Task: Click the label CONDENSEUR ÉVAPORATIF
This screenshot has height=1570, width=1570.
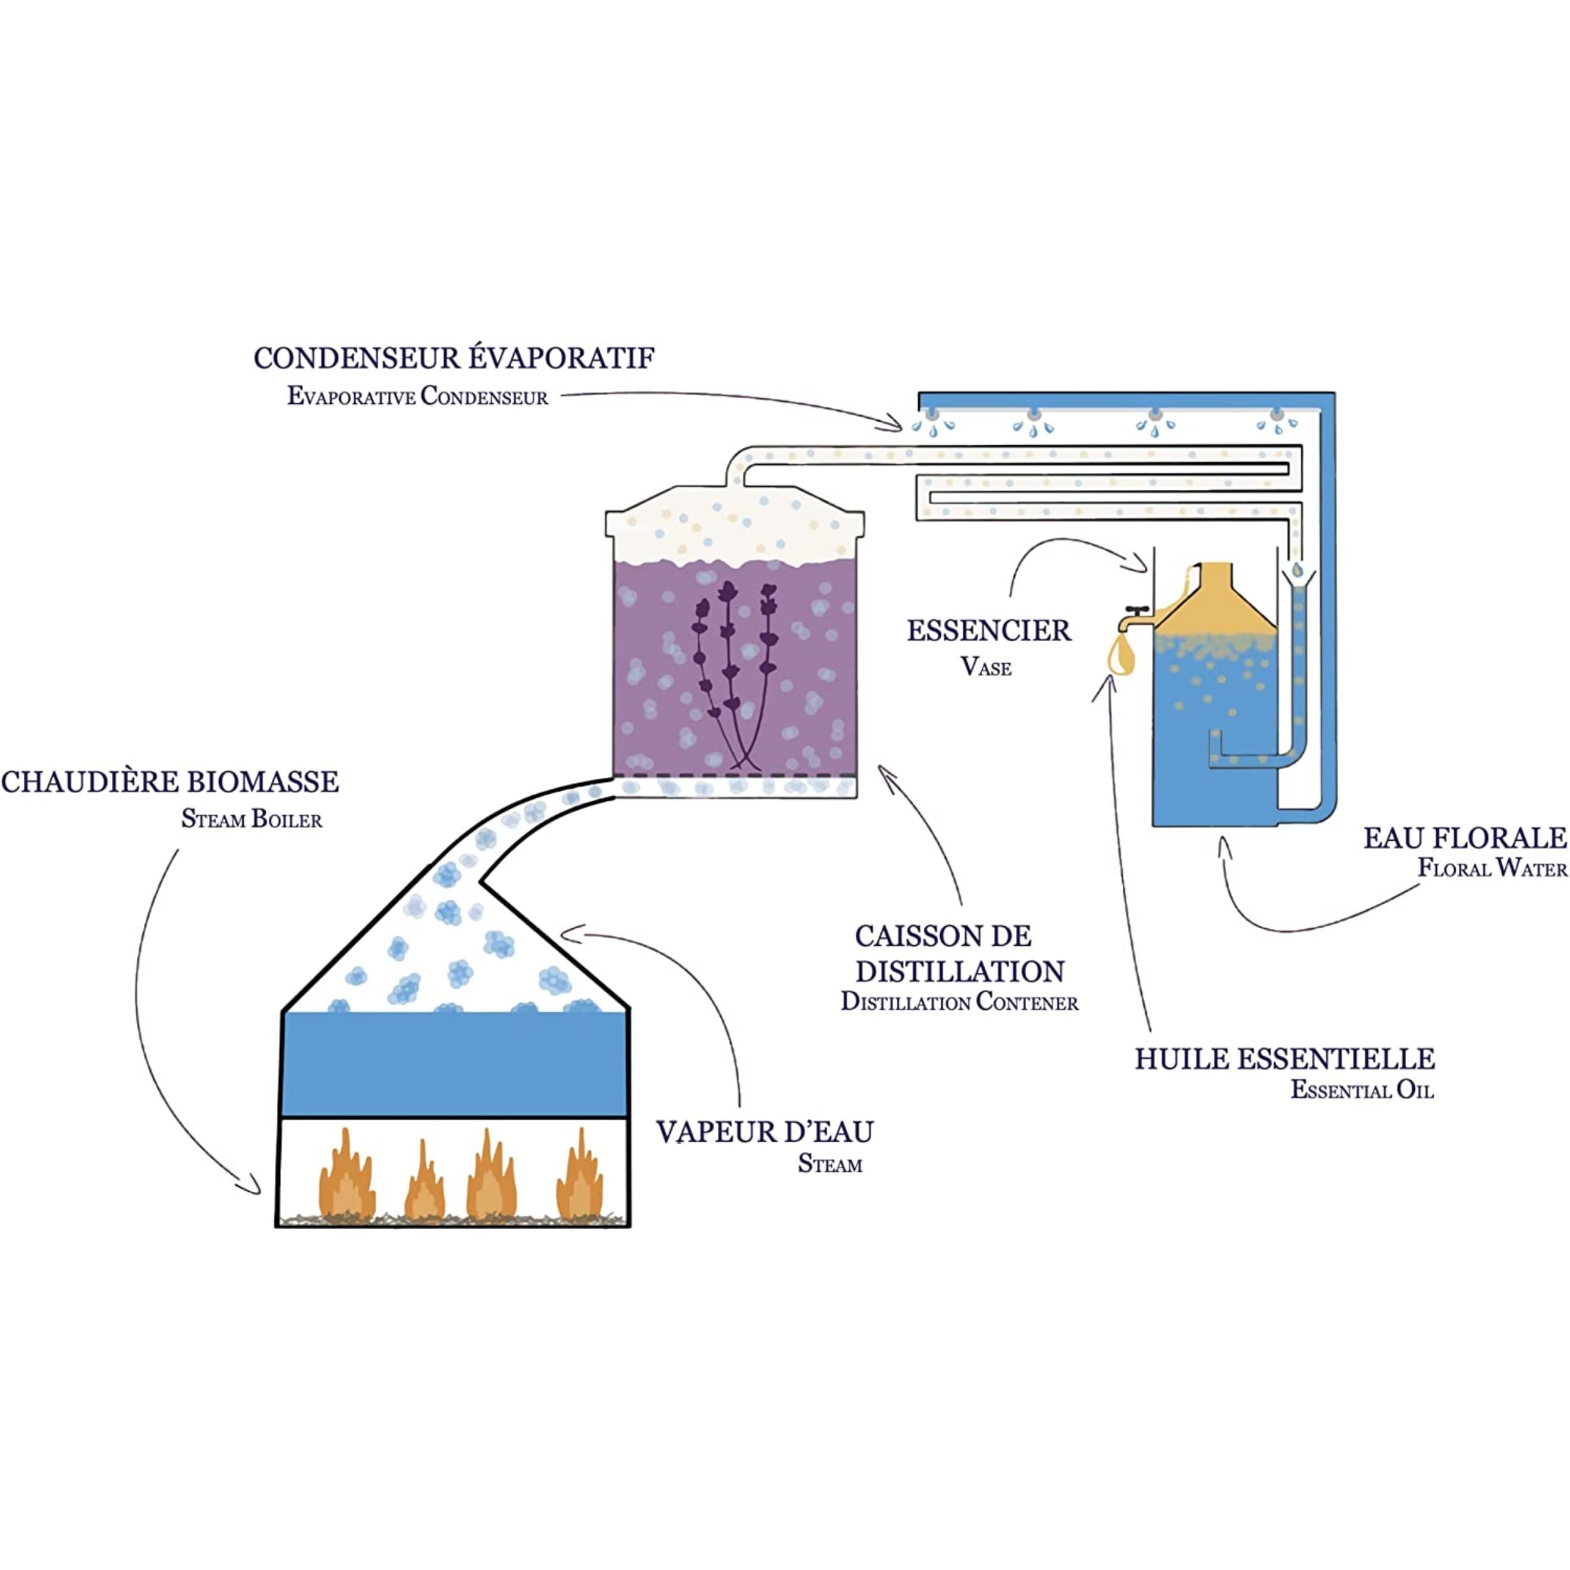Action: click(x=454, y=359)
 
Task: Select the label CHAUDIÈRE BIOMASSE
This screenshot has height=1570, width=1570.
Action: click(x=170, y=782)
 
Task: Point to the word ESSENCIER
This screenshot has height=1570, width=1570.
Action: click(x=989, y=631)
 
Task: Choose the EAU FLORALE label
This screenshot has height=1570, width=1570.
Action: click(x=1464, y=838)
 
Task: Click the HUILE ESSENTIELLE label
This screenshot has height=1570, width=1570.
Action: click(x=1285, y=1059)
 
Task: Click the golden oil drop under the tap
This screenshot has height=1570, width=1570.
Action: click(x=1122, y=655)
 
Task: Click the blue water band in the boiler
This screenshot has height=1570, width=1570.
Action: click(x=454, y=1064)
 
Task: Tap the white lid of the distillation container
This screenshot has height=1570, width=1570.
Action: click(x=735, y=523)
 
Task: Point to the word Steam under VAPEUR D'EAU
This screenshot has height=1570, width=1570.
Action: click(x=830, y=1164)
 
